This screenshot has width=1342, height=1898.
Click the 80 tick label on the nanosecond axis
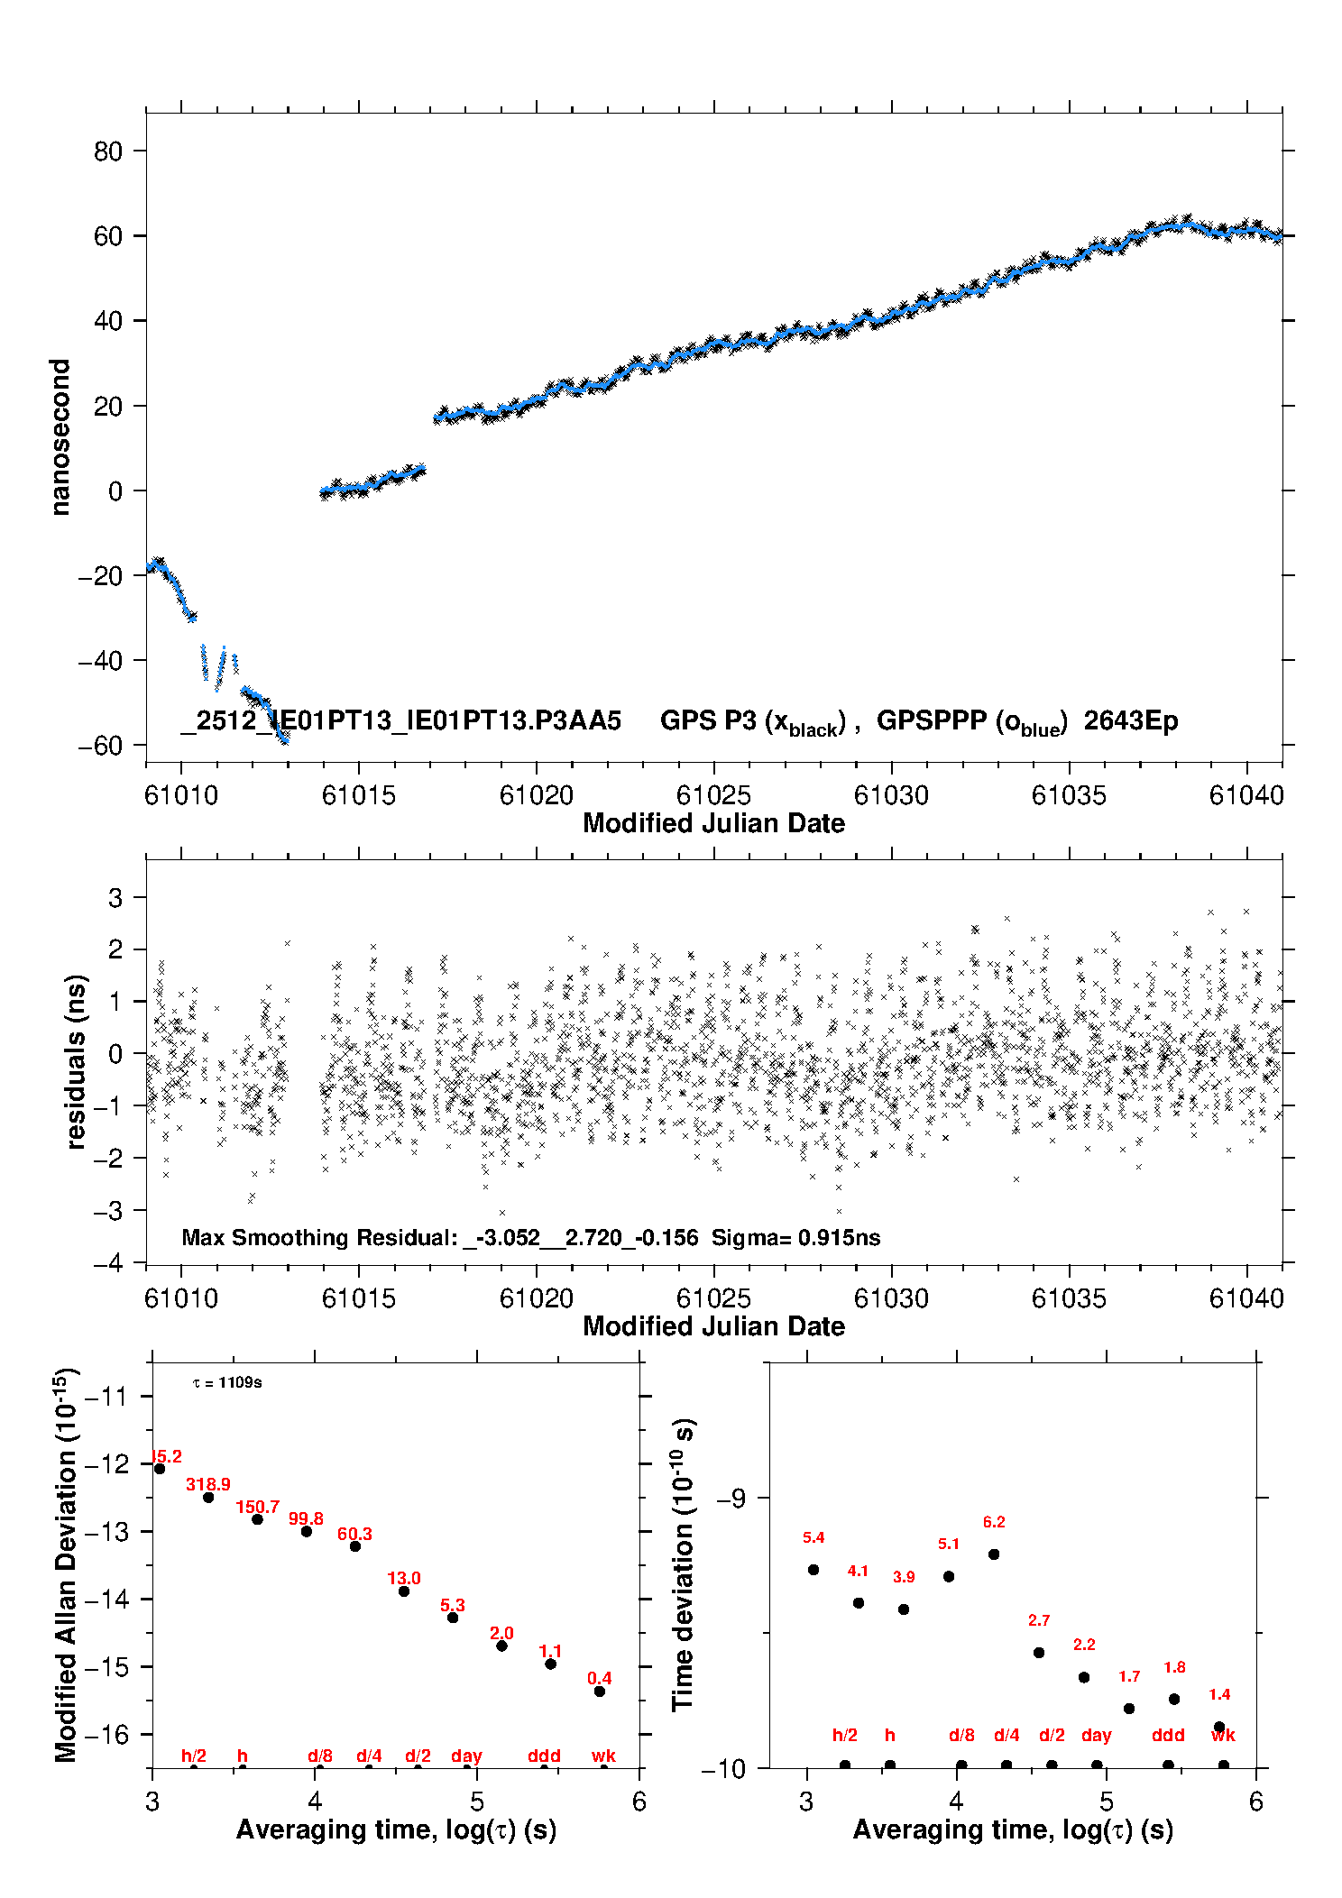click(x=107, y=151)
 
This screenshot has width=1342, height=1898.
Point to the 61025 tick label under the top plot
click(x=713, y=795)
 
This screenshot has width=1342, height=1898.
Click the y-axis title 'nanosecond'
click(x=60, y=437)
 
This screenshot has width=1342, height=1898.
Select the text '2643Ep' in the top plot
click(x=1131, y=721)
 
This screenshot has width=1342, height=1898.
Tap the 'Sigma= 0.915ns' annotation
click(x=795, y=1237)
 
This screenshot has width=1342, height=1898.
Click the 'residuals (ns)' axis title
click(x=77, y=1061)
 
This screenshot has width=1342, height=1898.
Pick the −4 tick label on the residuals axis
click(x=107, y=1262)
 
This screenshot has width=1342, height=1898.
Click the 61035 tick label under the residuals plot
click(x=1069, y=1298)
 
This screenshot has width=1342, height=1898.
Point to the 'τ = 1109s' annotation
click(x=227, y=1382)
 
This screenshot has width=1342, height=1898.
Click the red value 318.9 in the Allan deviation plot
click(x=208, y=1484)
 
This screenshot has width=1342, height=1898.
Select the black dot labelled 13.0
click(x=404, y=1591)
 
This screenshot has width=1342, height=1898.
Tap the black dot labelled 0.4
click(x=600, y=1691)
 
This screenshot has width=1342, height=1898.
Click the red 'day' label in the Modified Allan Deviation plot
click(x=466, y=1756)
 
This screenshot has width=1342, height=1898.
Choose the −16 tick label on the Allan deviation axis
click(x=107, y=1734)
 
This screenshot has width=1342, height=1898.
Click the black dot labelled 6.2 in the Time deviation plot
click(x=994, y=1554)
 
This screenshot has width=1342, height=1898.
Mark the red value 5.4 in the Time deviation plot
click(x=813, y=1537)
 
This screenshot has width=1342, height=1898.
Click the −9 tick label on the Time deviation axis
click(x=731, y=1498)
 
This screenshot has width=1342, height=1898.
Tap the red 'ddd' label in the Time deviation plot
click(x=1168, y=1735)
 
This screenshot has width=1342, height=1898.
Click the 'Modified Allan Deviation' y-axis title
click(x=66, y=1563)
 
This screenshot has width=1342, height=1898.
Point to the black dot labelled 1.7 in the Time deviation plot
click(x=1129, y=1708)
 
